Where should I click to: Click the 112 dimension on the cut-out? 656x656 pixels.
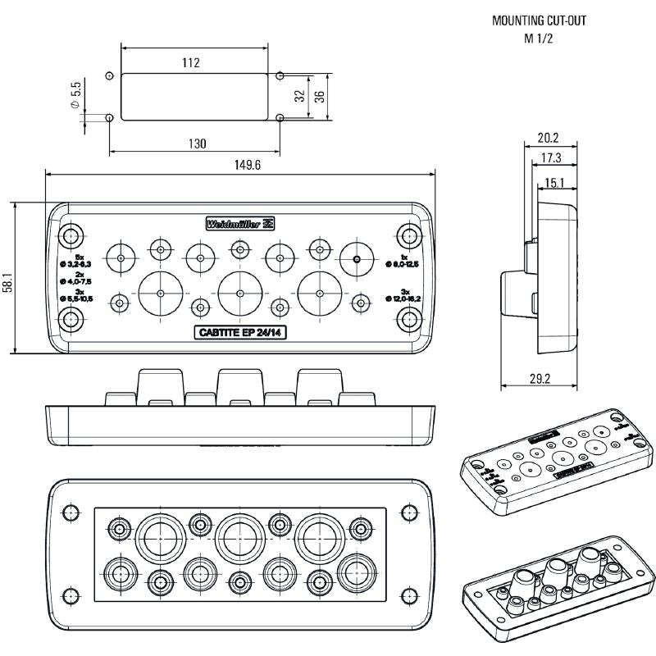click(192, 62)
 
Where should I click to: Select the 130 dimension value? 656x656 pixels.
click(197, 143)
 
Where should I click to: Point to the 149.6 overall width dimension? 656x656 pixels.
click(247, 165)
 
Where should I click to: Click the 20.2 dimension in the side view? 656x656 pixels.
click(549, 138)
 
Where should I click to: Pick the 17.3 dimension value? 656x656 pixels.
click(552, 158)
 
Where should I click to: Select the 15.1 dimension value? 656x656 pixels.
click(554, 182)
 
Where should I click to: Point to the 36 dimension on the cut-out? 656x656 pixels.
click(321, 95)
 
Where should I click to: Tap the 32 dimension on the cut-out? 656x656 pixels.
click(300, 95)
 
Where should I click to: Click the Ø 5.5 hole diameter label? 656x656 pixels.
click(76, 96)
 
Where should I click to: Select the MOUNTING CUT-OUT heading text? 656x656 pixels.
click(539, 20)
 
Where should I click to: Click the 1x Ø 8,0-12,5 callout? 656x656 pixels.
click(403, 261)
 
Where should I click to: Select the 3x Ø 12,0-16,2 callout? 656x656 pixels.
click(403, 294)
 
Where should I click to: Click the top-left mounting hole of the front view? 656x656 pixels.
click(69, 235)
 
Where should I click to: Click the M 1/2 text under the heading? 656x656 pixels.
click(539, 39)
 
